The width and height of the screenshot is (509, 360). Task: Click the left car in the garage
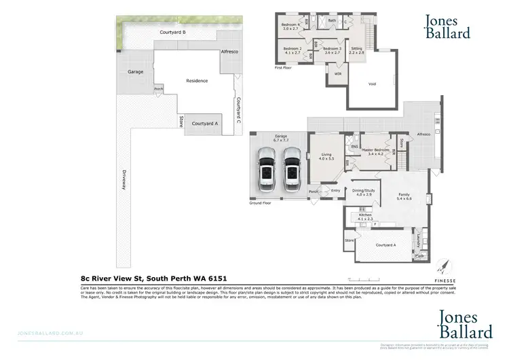coord(265,170)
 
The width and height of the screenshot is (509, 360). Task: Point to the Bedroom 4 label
coord(290,26)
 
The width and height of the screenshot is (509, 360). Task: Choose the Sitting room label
coord(356,50)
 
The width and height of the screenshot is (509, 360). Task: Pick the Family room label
coord(404,197)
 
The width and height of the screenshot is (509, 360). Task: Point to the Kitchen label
coord(365,217)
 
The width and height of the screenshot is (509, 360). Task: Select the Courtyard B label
coord(173,32)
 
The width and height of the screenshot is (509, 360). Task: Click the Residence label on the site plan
coord(196,81)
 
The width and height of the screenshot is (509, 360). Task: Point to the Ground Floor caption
coord(260,203)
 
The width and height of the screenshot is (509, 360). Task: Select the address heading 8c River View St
coord(154,278)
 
